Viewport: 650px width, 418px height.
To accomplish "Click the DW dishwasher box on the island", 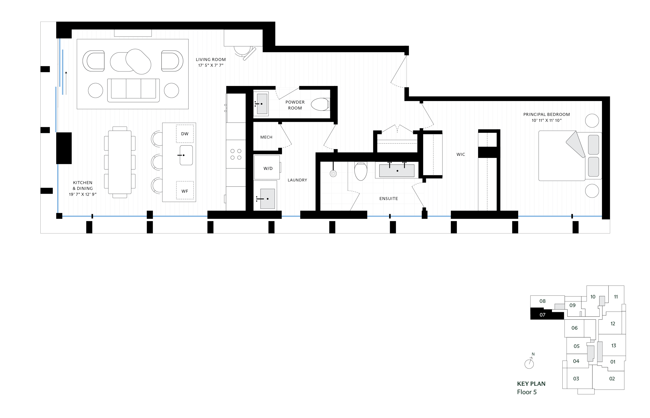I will (185, 134).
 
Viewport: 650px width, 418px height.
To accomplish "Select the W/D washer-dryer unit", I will (267, 168).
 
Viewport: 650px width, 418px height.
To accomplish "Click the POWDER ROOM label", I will (295, 105).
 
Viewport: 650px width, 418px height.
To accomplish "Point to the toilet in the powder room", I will (320, 104).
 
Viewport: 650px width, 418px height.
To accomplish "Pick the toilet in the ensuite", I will (361, 171).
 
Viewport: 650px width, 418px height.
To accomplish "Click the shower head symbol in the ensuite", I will (333, 173).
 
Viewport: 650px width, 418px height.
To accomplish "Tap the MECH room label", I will (266, 137).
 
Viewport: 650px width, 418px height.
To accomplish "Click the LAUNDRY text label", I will (297, 180).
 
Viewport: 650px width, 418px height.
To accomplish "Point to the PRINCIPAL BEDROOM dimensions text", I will (546, 121).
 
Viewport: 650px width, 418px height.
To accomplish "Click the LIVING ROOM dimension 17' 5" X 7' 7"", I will (211, 65).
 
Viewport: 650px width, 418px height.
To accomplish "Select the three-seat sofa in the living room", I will (133, 90).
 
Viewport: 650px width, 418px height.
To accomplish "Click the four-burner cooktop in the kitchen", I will (236, 154).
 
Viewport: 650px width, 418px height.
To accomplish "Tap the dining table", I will (120, 162).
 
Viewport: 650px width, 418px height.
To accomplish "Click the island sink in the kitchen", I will (186, 155).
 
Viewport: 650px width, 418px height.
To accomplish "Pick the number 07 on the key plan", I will (542, 315).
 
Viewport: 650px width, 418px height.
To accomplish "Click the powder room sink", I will (262, 104).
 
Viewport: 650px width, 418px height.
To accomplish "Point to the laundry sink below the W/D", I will (267, 199).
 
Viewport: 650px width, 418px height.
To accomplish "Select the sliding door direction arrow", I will (66, 83).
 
